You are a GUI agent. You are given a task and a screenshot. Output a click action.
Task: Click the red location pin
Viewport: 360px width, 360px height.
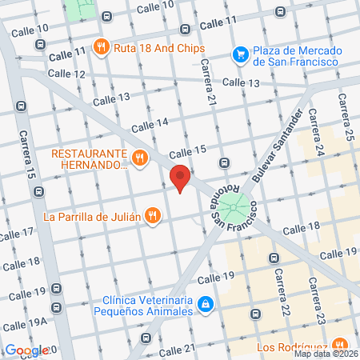point(180,177)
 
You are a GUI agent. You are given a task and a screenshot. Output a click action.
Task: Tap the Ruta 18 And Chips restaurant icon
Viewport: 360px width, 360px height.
point(101,46)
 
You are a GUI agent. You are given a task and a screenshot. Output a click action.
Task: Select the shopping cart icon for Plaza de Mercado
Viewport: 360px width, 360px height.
point(239,54)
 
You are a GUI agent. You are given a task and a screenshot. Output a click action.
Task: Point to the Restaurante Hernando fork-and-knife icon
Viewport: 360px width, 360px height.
point(140,158)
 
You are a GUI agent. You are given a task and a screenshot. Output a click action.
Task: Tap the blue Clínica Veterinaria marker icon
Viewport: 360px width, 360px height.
point(206,304)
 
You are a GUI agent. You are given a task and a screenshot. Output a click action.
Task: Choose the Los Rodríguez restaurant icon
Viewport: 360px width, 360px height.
point(342,346)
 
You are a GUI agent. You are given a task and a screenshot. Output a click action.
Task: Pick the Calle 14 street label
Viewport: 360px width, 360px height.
point(150,123)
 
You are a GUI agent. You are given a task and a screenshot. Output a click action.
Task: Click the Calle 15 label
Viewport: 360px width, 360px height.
point(188,151)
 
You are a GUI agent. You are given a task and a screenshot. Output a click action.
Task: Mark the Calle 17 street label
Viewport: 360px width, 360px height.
point(17,234)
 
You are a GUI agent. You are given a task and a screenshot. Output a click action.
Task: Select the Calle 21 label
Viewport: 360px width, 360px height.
point(178,350)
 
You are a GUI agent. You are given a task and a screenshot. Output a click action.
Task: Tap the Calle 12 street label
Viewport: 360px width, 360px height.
point(66,74)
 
